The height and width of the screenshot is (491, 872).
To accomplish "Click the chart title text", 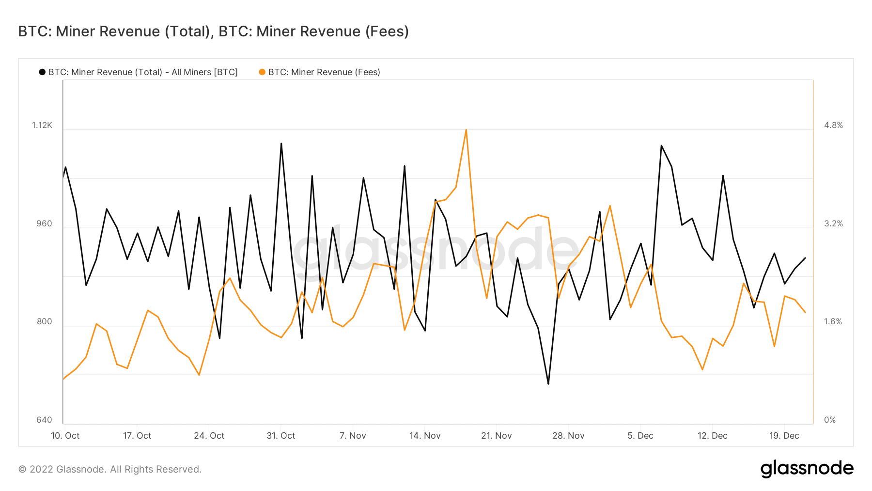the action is pyautogui.click(x=213, y=32).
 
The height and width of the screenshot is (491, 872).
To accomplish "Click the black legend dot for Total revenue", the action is pyautogui.click(x=42, y=72).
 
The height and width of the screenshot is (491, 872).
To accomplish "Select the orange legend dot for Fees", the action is pyautogui.click(x=262, y=72).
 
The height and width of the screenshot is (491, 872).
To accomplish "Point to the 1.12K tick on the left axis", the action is pyautogui.click(x=42, y=125).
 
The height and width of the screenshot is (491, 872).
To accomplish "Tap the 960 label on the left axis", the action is pyautogui.click(x=44, y=223).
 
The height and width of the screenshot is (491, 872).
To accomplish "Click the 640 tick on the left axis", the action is pyautogui.click(x=44, y=420).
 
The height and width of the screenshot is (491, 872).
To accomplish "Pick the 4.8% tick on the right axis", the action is pyautogui.click(x=833, y=125).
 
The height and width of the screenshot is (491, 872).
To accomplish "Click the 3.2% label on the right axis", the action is pyautogui.click(x=833, y=223).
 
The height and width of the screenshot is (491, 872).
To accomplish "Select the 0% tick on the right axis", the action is pyautogui.click(x=830, y=420).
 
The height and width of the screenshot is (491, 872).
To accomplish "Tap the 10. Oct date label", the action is pyautogui.click(x=65, y=436).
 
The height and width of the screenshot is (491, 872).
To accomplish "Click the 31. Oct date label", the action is pyautogui.click(x=281, y=436).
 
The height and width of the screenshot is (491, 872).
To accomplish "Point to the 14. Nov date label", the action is pyautogui.click(x=425, y=436).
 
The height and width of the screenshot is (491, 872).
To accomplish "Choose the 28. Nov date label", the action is pyautogui.click(x=568, y=436).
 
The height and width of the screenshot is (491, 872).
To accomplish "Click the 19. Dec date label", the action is pyautogui.click(x=784, y=436).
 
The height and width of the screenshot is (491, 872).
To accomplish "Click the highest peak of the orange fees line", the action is pyautogui.click(x=466, y=129).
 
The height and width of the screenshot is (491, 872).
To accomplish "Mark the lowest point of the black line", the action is pyautogui.click(x=548, y=384).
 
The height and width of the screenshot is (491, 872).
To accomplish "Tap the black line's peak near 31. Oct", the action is pyautogui.click(x=281, y=143).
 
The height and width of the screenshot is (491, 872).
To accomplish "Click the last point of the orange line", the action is pyautogui.click(x=805, y=312).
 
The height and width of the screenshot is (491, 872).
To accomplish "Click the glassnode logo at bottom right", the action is pyautogui.click(x=807, y=469).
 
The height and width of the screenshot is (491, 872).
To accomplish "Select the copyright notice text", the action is pyautogui.click(x=110, y=469).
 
